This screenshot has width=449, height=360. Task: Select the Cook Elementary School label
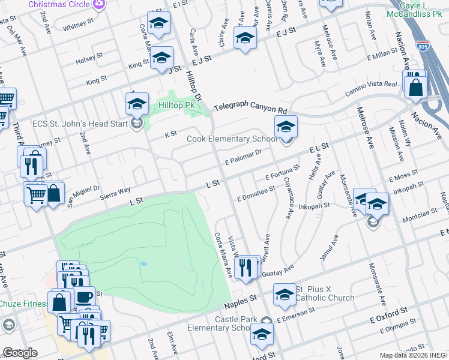tap(232, 139)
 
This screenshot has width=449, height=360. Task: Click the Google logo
tap(20, 353)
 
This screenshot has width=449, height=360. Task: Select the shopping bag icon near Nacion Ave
tap(415, 86)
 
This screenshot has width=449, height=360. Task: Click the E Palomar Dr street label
tap(244, 157)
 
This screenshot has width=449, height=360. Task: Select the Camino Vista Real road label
tap(371, 89)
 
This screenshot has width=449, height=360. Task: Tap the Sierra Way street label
tap(115, 191)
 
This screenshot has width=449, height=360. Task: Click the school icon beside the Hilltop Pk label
tap(137, 104)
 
